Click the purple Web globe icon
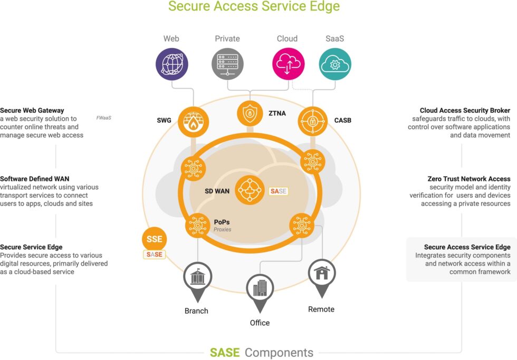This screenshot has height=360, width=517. pos(172,64)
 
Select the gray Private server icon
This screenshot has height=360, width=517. pos(227,64)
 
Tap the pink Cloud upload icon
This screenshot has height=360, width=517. pos(289,64)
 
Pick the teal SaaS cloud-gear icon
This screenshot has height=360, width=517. pos(335,64)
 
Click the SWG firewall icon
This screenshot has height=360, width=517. pos(194,122)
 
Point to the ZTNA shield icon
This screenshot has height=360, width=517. pos(250,114)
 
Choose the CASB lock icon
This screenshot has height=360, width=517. pos(312,122)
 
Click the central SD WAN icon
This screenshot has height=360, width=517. pos(250,190)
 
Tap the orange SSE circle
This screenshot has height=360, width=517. pos(154,239)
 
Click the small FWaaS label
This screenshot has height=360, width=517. pos(103,118)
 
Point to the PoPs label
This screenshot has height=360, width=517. pos(222,222)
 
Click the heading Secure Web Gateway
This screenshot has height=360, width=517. pos(32,110)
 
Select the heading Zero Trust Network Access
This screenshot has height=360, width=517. pos(469,179)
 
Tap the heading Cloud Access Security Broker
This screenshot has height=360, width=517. pos(465,110)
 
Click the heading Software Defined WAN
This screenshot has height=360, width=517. pos(35,179)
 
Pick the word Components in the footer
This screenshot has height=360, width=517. pos(279,353)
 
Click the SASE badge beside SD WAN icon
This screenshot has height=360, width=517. pos(279,191)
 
